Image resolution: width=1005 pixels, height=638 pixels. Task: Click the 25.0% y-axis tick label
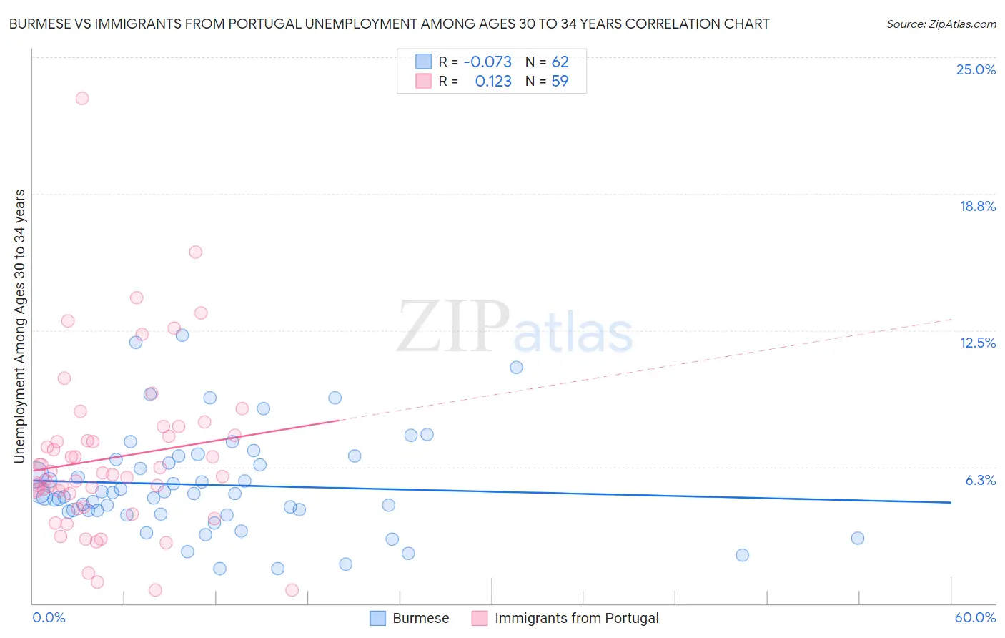pos(976,69)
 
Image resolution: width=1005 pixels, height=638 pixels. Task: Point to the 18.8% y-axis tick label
pos(977,206)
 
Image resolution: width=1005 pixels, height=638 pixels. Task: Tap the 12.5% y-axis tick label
pos(977,343)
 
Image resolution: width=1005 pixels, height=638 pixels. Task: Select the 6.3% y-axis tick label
pos(980,480)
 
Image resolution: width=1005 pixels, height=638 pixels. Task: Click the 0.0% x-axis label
pos(49,617)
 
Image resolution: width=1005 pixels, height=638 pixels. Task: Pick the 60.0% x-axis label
pos(975,617)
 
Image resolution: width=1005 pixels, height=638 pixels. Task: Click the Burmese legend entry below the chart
pos(420,618)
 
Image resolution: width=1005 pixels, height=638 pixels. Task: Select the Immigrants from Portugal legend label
pos(576,618)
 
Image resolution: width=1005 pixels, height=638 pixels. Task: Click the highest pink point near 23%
pos(82,98)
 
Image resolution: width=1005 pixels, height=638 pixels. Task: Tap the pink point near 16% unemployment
pos(195,252)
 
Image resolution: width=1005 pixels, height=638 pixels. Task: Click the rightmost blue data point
pos(858,538)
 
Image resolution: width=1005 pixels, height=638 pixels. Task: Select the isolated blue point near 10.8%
pos(516,368)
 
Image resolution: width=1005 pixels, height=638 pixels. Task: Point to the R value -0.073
pos(487,62)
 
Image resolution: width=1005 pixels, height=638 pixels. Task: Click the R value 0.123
pos(493,82)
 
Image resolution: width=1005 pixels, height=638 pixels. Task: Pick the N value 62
pos(560,62)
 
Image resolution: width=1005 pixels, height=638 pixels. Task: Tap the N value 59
pos(560,82)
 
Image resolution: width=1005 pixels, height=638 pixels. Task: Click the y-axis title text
pos(19,325)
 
